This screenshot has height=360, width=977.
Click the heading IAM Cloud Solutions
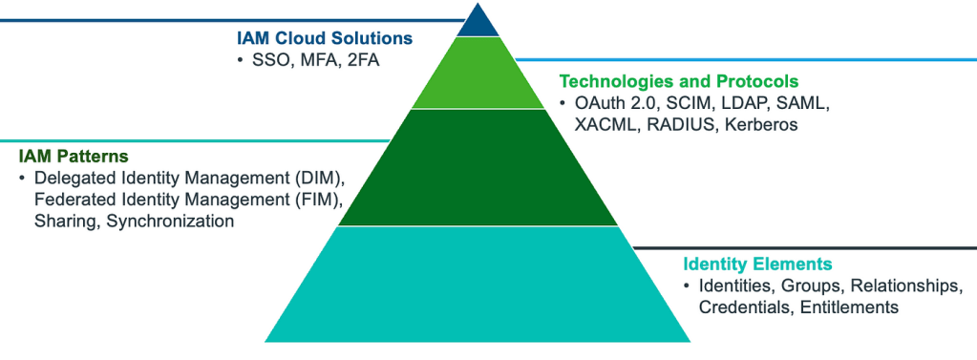(x=325, y=39)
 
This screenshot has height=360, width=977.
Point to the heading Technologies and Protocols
(x=678, y=81)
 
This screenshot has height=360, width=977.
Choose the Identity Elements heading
(x=757, y=264)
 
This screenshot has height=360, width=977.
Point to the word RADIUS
(x=679, y=124)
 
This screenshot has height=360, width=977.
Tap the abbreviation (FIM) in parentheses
(x=320, y=200)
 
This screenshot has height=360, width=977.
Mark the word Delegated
(x=73, y=178)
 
